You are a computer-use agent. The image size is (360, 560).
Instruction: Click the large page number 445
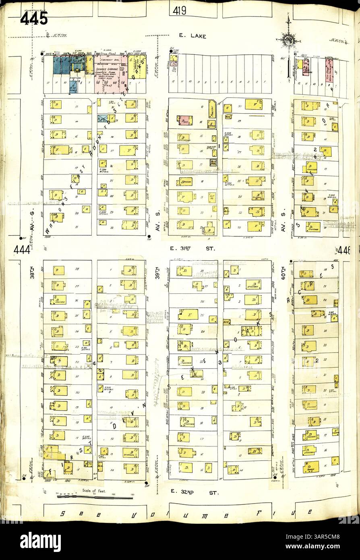coord(34,19)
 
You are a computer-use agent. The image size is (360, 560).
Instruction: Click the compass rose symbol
coord(289,39)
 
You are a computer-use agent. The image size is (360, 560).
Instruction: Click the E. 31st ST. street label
coord(192,249)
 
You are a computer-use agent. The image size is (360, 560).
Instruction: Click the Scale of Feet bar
coord(95,497)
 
